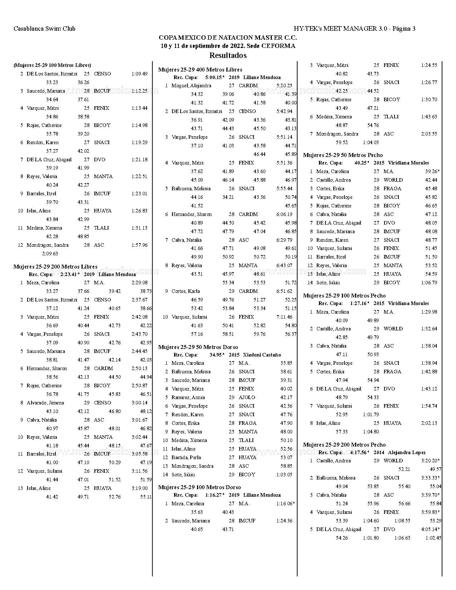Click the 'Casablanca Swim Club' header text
coord(44,29)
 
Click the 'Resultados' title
coord(228,55)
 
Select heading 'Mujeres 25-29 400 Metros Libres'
coord(200,70)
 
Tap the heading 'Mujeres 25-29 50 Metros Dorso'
coord(198,347)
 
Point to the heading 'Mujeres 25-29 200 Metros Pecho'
coord(344,444)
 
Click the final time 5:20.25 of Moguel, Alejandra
coord(284,85)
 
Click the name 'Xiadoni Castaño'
coord(262,355)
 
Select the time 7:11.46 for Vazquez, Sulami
coord(284,317)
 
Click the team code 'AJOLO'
coord(247,397)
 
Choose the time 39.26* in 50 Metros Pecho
coord(432,171)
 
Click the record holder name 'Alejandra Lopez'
coord(407,452)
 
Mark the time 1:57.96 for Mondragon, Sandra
coord(139,245)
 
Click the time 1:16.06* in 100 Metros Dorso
coord(285,503)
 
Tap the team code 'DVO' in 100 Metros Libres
coord(99,159)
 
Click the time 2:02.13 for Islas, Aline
coord(429,423)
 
